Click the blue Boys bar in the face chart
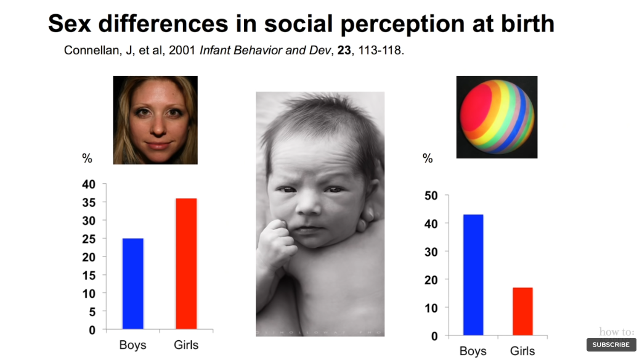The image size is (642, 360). tap(133, 284)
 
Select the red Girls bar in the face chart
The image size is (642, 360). tap(186, 264)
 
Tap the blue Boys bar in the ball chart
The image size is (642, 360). tap(473, 275)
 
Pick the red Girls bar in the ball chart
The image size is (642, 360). tap(522, 311)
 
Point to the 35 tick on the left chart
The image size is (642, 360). tap(89, 202)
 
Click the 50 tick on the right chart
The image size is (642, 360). tap(431, 195)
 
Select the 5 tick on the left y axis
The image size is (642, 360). tap(92, 312)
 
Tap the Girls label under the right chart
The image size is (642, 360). tap(522, 351)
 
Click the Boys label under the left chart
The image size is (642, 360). tap(133, 345)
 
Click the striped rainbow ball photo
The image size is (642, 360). tap(497, 117)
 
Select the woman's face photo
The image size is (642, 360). tap(155, 120)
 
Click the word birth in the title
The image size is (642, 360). tap(523, 23)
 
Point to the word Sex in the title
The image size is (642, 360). tap(73, 23)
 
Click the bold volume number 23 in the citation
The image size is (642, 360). tap(341, 51)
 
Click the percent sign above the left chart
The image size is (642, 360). tap(87, 158)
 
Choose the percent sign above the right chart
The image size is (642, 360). tap(428, 158)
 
